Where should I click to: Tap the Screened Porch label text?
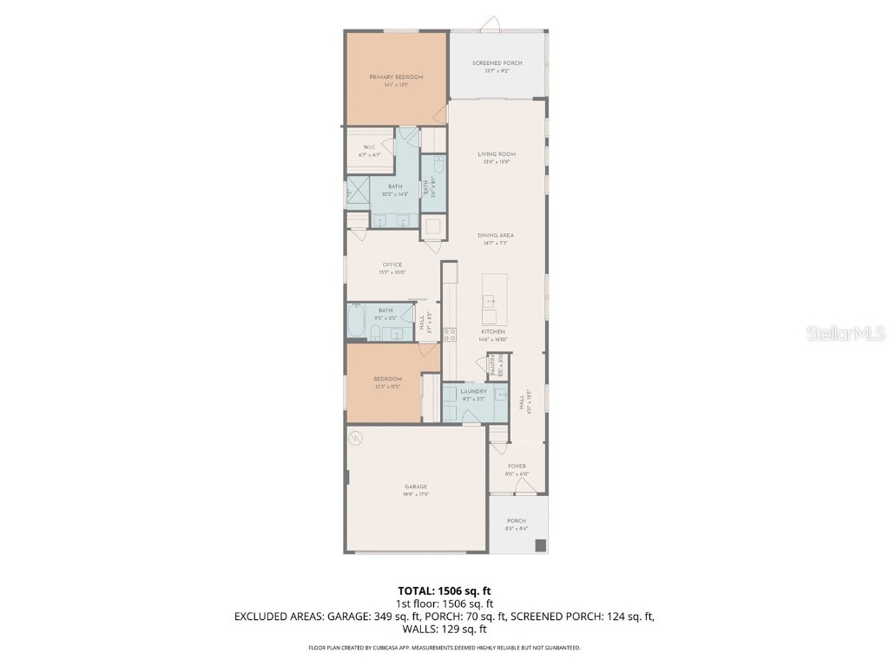click(x=497, y=64)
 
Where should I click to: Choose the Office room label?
click(x=392, y=265)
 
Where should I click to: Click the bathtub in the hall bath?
click(x=358, y=322)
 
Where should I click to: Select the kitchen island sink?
click(x=490, y=301)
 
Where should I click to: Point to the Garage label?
click(x=415, y=487)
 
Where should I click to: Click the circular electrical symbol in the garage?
click(x=356, y=439)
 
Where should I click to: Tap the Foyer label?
click(x=517, y=467)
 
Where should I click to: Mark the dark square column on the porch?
click(x=540, y=545)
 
